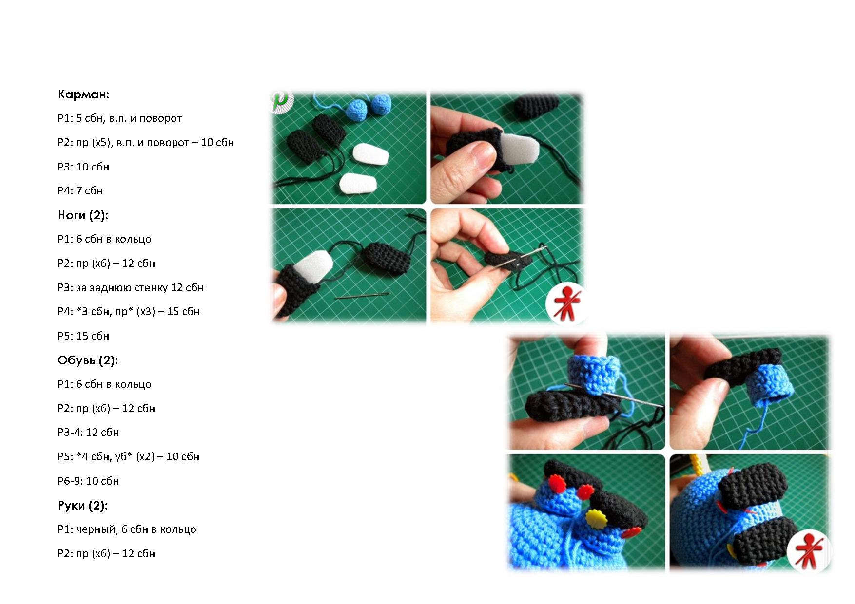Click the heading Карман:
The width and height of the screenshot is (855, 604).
pyautogui.click(x=83, y=94)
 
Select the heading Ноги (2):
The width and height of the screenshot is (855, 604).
pyautogui.click(x=83, y=215)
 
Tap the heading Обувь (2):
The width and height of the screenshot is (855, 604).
pyautogui.click(x=88, y=360)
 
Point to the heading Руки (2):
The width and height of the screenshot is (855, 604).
pyautogui.click(x=83, y=505)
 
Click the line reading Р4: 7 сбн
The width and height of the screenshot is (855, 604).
pyautogui.click(x=80, y=190)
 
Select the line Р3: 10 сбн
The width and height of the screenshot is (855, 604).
pyautogui.click(x=83, y=167)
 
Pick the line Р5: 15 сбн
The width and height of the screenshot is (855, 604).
pyautogui.click(x=83, y=336)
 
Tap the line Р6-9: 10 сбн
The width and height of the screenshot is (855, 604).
pyautogui.click(x=88, y=481)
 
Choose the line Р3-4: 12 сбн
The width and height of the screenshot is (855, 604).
pyautogui.click(x=88, y=432)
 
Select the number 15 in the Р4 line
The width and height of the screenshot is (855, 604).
pyautogui.click(x=173, y=311)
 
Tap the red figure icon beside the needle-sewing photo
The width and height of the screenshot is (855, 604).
pyautogui.click(x=565, y=303)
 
